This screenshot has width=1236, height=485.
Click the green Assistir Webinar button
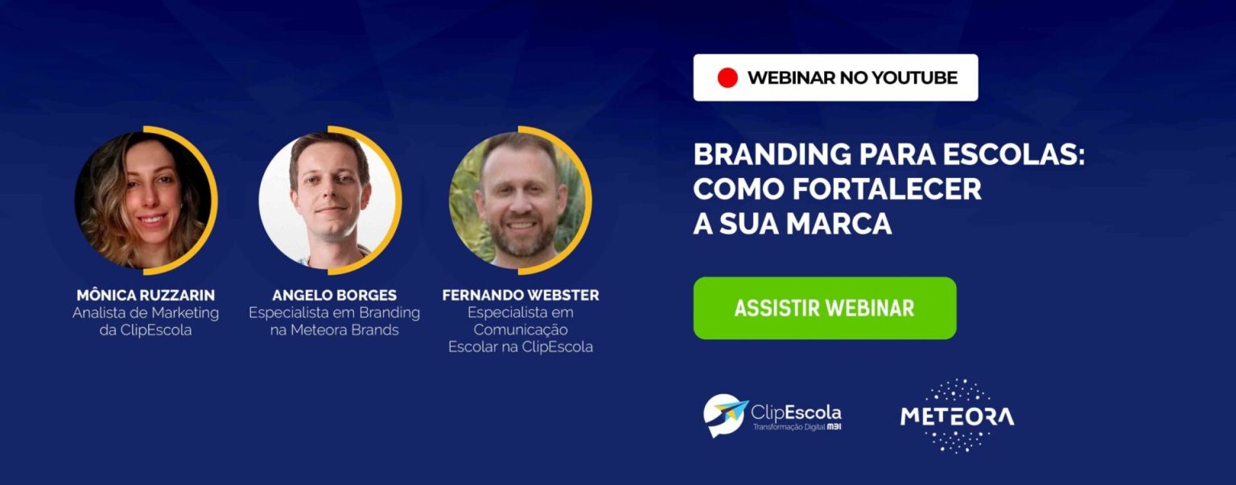click(824, 308)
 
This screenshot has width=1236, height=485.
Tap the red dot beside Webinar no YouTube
click(727, 78)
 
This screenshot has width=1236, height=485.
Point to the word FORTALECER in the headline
click(888, 189)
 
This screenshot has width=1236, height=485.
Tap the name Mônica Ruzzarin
click(146, 295)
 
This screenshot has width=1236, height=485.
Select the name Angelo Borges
click(335, 295)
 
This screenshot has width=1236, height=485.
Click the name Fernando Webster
click(521, 295)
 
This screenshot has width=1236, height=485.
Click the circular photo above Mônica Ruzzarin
click(142, 200)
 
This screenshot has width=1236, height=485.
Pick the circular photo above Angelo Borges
click(328, 200)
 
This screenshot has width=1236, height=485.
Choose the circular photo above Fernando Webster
click(517, 200)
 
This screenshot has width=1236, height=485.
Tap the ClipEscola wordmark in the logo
click(796, 412)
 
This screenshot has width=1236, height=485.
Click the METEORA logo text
click(958, 417)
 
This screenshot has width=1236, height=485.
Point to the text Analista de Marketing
click(146, 313)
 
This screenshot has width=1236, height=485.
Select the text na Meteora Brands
click(335, 330)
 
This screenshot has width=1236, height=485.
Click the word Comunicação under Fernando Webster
click(521, 330)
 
